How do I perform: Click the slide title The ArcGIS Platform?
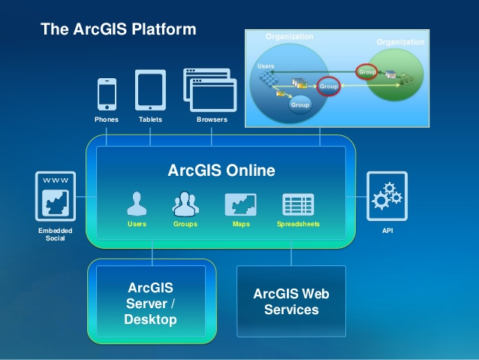coord(118,29)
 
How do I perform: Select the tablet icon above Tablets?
coord(150,91)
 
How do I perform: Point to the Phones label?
coord(107,119)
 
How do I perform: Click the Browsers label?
coord(212,119)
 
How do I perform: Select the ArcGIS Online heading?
coord(221,171)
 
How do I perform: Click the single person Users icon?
coord(137,204)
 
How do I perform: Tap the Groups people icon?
coord(185,204)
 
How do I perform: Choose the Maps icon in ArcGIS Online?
coord(240,204)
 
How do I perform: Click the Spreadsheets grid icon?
coord(297,204)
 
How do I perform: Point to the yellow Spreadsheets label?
coord(297,224)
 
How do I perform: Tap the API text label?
coord(387,231)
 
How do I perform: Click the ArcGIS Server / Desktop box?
coord(152,303)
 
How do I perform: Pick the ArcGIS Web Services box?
coord(291,301)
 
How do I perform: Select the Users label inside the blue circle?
coord(265,66)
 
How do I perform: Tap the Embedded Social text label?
coord(56,234)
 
